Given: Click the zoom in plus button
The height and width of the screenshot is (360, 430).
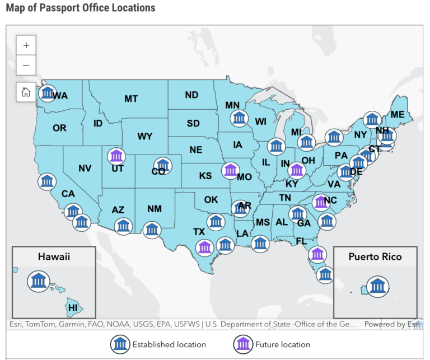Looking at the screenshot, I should click(x=26, y=45).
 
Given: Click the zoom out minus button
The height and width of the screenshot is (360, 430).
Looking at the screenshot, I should click(x=26, y=65).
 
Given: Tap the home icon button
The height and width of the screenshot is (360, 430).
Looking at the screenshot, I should click(x=26, y=92).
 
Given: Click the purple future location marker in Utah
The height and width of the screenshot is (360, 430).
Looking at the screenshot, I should click(x=117, y=155).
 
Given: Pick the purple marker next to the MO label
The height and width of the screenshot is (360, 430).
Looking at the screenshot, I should click(x=230, y=170).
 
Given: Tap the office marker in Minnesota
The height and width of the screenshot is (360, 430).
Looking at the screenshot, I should click(x=240, y=118).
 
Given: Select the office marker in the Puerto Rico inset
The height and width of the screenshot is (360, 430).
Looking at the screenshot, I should click(x=378, y=286).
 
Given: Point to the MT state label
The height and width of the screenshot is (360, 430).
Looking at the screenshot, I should click(x=131, y=99).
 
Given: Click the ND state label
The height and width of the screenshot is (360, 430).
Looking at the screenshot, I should click(x=191, y=95).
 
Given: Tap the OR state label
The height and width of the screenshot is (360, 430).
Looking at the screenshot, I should click(x=60, y=128).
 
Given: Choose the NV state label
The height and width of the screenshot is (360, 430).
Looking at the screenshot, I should click(x=85, y=168).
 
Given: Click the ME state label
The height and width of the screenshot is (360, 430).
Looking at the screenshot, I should click(x=398, y=115).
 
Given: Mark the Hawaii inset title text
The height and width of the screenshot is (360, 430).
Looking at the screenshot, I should click(x=54, y=256).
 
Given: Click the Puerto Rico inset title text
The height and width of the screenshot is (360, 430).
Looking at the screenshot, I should click(x=375, y=256).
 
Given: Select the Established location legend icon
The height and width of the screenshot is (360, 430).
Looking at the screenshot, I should click(x=120, y=344).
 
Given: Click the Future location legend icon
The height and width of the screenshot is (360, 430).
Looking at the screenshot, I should click(x=243, y=344).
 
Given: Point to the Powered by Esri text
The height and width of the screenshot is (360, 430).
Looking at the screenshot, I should click(x=391, y=324).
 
